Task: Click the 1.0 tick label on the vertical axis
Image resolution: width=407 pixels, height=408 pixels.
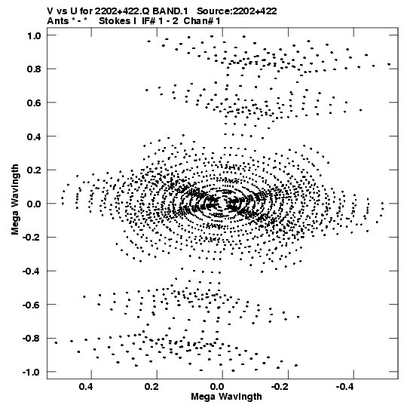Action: pos(34,35)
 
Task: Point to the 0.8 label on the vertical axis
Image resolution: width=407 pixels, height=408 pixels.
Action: pos(34,69)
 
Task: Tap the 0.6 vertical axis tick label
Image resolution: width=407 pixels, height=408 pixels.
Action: pos(34,103)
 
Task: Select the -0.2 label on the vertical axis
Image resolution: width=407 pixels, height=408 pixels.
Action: pos(32,238)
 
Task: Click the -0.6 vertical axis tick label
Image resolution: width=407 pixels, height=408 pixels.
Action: pos(32,305)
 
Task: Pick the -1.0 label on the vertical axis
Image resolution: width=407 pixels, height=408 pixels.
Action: pos(32,372)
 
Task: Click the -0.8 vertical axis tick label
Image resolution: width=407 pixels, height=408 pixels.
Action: pos(32,339)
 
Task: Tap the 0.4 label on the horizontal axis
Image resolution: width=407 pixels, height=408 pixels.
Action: pos(86,387)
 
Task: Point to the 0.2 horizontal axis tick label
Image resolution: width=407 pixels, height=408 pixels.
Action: pos(151,387)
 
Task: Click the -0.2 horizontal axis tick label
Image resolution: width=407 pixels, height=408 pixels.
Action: pos(280,387)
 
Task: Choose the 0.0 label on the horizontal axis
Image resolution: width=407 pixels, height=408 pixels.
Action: pos(217,387)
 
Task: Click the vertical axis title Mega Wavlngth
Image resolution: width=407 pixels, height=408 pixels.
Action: pos(15,200)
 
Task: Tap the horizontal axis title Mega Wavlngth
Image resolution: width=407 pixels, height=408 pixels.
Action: pos(226,397)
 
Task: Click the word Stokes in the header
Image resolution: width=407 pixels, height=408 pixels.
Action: pos(113,21)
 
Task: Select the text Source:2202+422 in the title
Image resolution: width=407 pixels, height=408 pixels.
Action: pos(237,11)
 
